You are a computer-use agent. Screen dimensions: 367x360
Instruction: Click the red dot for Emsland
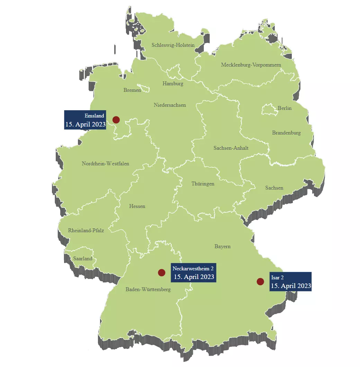pyautogui.click(x=116, y=120)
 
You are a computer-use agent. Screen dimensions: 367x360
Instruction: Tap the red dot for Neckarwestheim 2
pyautogui.click(x=161, y=272)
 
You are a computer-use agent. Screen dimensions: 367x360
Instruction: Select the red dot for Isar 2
pyautogui.click(x=260, y=281)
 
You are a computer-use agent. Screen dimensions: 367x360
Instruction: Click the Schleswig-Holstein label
pyautogui.click(x=173, y=45)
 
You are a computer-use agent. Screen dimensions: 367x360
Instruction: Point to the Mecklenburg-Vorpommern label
pyautogui.click(x=251, y=65)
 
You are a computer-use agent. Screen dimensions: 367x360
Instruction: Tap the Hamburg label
pyautogui.click(x=173, y=84)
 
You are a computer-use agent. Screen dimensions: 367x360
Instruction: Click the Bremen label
pyautogui.click(x=132, y=90)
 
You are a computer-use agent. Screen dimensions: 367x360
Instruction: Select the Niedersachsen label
pyautogui.click(x=170, y=105)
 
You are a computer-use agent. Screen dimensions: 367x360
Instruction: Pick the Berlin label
pyautogui.click(x=285, y=108)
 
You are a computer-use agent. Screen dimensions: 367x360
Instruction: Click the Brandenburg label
pyautogui.click(x=286, y=133)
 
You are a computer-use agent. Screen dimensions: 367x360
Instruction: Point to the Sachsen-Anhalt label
pyautogui.click(x=231, y=148)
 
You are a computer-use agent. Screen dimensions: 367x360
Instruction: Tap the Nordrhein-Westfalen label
pyautogui.click(x=105, y=164)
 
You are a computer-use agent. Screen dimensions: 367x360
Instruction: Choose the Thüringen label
pyautogui.click(x=203, y=184)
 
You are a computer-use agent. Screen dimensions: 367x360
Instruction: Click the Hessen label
pyautogui.click(x=137, y=206)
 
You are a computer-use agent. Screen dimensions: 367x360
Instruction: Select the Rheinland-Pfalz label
pyautogui.click(x=86, y=230)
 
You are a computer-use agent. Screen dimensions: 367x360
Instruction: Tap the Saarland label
pyautogui.click(x=83, y=259)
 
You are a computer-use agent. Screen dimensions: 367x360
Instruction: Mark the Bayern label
pyautogui.click(x=222, y=246)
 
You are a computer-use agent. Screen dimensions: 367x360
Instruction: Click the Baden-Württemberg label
pyautogui.click(x=148, y=289)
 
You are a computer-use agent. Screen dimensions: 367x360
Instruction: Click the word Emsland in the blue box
pyautogui.click(x=94, y=116)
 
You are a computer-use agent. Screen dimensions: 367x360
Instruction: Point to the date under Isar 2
pyautogui.click(x=291, y=286)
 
